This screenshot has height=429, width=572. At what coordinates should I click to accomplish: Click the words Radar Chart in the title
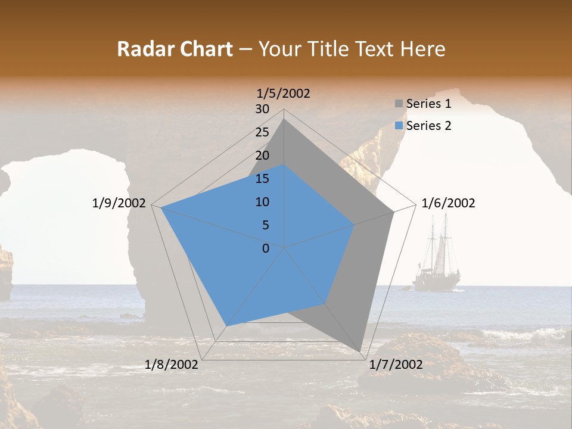click(175, 49)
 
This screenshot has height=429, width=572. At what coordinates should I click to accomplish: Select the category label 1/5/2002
click(284, 94)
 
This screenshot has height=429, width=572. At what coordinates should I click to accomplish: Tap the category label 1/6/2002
click(448, 203)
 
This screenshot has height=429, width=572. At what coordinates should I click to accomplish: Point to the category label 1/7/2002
click(396, 365)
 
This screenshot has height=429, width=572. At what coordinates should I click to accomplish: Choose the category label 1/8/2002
click(172, 365)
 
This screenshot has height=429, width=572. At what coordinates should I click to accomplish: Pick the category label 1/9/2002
click(119, 203)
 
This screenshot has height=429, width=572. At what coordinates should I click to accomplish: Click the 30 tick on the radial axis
click(262, 109)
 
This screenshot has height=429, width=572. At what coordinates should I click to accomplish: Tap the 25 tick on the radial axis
click(262, 132)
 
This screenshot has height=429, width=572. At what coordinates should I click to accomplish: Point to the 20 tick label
click(262, 156)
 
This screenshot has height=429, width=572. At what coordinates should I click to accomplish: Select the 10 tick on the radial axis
click(262, 202)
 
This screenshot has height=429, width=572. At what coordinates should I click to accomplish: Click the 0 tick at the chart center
click(266, 248)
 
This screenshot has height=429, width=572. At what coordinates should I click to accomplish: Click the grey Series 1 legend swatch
click(399, 104)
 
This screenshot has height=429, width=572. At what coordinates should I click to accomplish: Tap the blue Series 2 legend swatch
click(399, 126)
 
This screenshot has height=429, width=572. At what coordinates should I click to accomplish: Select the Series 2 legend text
click(428, 126)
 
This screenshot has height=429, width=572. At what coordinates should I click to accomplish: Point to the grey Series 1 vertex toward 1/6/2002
click(393, 212)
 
